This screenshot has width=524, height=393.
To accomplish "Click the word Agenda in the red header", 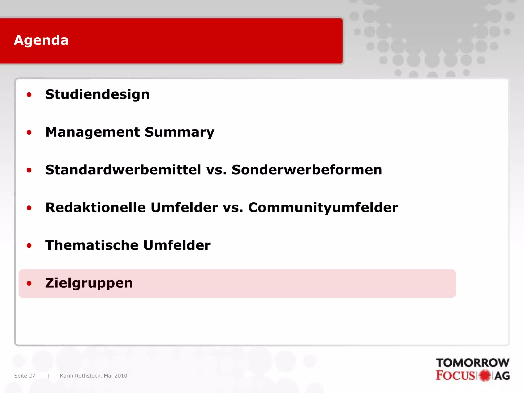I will click(x=41, y=40).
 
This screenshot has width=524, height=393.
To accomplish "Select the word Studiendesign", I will click(x=97, y=94).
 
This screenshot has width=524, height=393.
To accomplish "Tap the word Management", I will click(x=92, y=132).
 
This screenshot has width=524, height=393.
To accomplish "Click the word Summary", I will click(x=179, y=132).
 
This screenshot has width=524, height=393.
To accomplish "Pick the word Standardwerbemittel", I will click(x=123, y=170).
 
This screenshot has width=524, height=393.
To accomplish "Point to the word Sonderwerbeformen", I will click(x=307, y=170).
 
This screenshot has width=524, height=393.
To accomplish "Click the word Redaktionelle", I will click(x=95, y=208).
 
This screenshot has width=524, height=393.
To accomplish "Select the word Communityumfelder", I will click(x=323, y=208).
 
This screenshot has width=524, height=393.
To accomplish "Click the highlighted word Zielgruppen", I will click(x=89, y=283).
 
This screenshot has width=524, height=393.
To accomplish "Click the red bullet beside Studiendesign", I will click(x=29, y=95).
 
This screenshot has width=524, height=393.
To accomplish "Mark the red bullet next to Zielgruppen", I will click(x=29, y=283).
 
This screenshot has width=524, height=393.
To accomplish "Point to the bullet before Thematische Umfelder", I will click(x=29, y=246).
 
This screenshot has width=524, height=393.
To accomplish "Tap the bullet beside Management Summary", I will click(x=29, y=133).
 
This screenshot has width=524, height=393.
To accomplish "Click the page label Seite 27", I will click(x=25, y=376).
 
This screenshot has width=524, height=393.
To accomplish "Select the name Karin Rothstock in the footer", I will click(x=80, y=376).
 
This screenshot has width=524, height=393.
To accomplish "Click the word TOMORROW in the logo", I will click(x=473, y=363).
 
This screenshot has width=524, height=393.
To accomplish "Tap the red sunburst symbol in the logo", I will click(x=484, y=376).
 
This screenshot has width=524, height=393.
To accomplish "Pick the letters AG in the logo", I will click(x=502, y=376).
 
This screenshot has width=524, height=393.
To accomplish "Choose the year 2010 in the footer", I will click(x=121, y=376).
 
